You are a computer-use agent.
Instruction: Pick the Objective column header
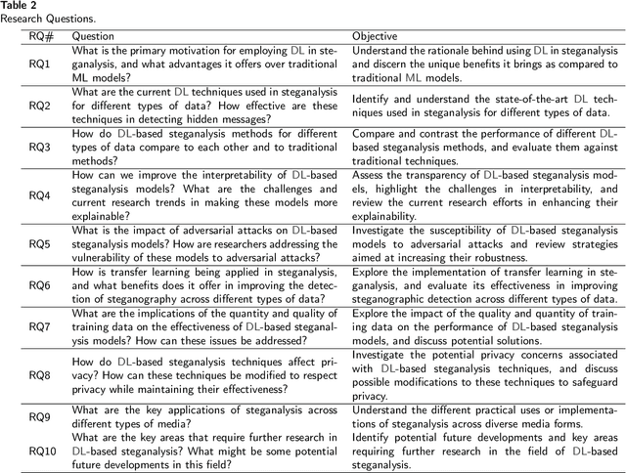click(x=377, y=36)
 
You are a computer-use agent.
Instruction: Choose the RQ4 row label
click(x=39, y=194)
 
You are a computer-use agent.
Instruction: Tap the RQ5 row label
click(x=39, y=243)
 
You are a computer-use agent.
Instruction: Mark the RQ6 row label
click(x=39, y=284)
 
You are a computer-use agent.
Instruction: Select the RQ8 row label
click(x=39, y=374)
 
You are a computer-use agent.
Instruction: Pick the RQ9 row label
click(x=39, y=416)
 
